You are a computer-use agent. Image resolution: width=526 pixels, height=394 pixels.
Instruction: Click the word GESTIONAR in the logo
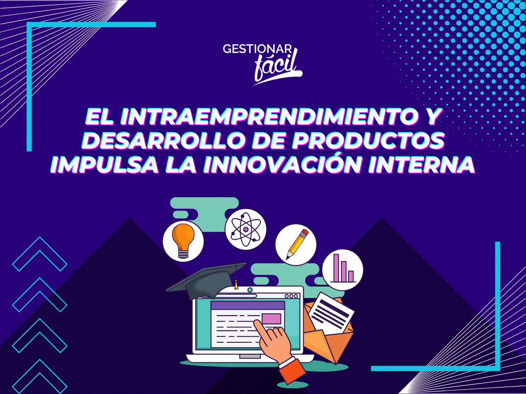(257, 49)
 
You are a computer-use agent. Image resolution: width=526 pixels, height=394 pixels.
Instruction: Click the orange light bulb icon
(183, 240)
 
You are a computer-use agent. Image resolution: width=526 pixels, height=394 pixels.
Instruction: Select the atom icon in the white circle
(245, 230)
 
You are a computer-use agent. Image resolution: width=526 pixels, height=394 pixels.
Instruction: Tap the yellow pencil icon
(297, 244)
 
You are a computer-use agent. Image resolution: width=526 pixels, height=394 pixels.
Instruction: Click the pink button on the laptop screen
(271, 319)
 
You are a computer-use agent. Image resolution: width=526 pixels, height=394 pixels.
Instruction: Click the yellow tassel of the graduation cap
(236, 285)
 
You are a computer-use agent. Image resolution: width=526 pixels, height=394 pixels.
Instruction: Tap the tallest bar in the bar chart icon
(337, 268)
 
